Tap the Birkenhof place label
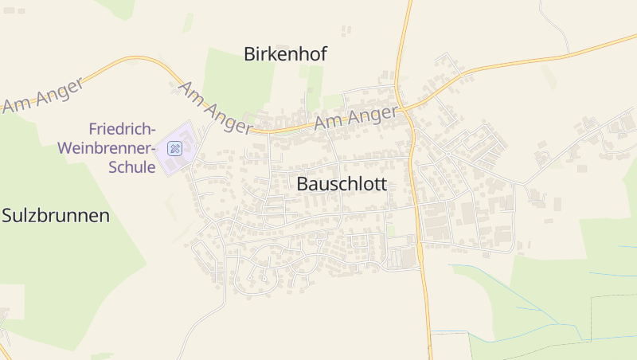[x=285, y=54]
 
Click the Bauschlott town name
[x=341, y=184]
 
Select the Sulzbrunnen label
[x=55, y=215]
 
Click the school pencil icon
[x=174, y=148]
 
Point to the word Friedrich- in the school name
[x=122, y=129]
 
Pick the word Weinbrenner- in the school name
[x=107, y=148]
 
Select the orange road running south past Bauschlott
[x=422, y=263]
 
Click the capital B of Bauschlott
[x=303, y=184]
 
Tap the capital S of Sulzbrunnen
[x=8, y=215]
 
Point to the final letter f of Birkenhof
[x=323, y=54]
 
